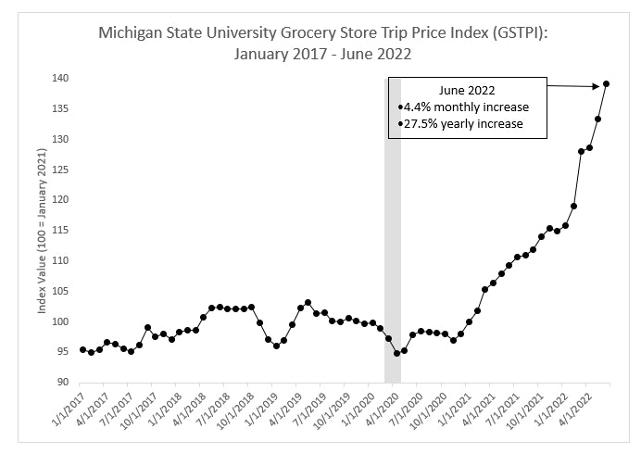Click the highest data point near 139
pos(606,84)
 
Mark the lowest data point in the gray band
pos(396,353)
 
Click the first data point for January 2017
pos(82,349)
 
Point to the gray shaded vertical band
pos(393,232)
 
